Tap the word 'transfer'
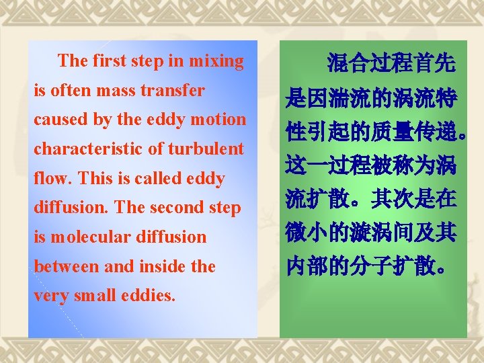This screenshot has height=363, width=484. tap(175, 90)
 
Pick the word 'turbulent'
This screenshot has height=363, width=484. tap(207, 149)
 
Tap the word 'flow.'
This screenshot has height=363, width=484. tap(52, 179)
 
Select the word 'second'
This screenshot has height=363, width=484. tap(182, 208)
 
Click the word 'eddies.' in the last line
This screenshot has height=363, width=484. tap(147, 296)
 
